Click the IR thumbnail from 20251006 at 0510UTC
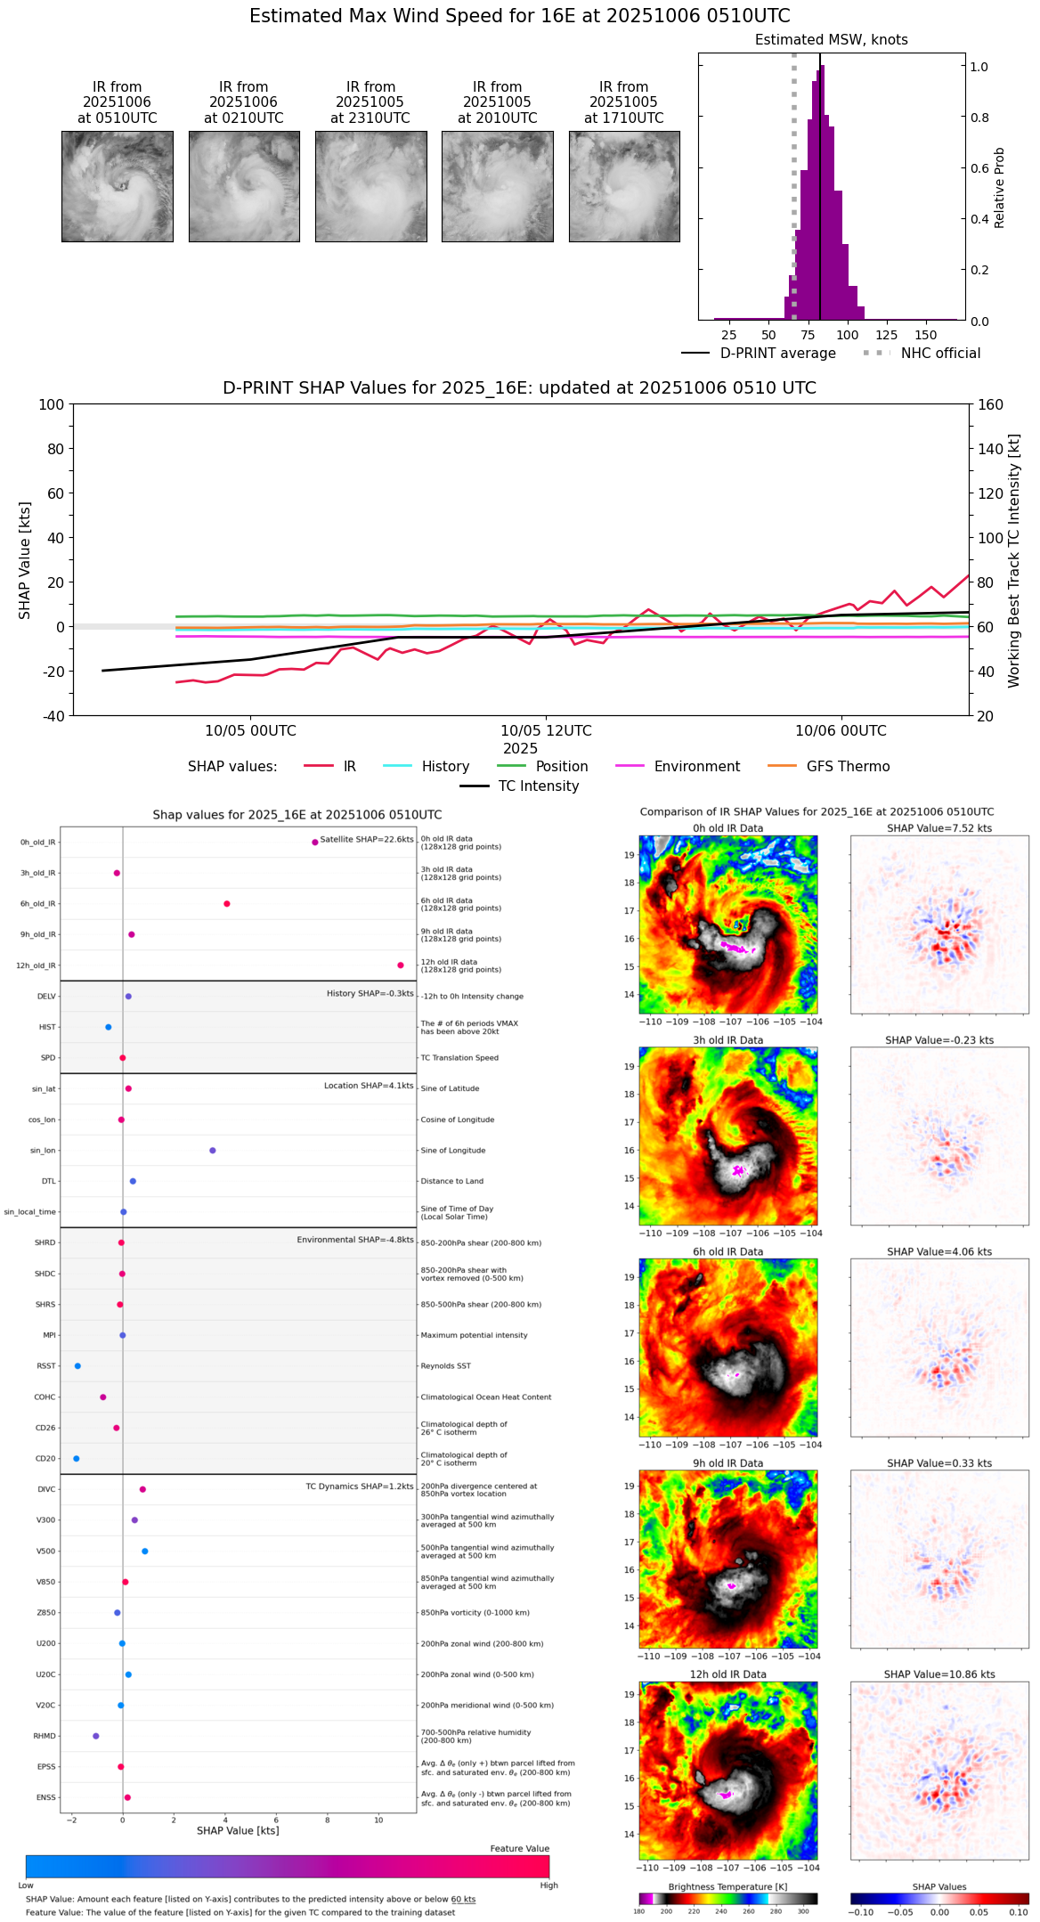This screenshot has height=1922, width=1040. (117, 186)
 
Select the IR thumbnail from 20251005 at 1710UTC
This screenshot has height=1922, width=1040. (624, 186)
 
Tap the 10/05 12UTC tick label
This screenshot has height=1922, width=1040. (546, 731)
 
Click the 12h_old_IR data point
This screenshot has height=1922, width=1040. (401, 965)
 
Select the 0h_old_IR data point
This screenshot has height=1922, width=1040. (315, 843)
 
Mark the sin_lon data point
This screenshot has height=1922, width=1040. (213, 1151)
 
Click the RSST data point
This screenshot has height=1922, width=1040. (77, 1366)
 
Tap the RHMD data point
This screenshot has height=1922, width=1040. (96, 1736)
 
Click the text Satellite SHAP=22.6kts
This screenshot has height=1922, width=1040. (366, 840)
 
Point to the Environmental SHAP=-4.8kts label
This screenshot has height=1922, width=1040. (354, 1240)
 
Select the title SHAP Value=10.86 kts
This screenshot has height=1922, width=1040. (938, 1674)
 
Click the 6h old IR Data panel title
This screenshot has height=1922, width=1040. (727, 1252)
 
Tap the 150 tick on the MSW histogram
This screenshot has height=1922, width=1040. (926, 336)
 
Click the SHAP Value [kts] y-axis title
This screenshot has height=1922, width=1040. (25, 560)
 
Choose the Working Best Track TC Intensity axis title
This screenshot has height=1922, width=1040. (1014, 560)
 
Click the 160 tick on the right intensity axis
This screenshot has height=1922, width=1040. (989, 405)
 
